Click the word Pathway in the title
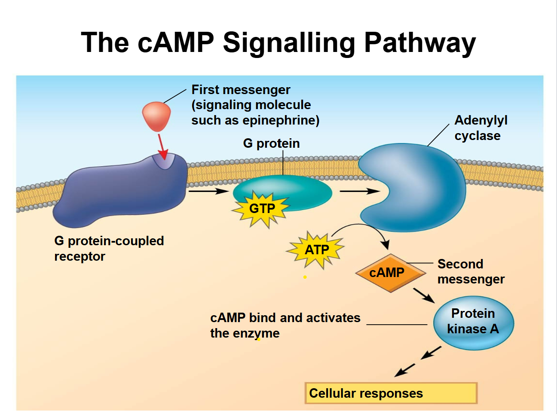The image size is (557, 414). coord(420,43)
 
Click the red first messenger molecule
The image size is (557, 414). coord(156,116)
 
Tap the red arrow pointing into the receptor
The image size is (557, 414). coord(162,146)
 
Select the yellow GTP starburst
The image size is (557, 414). coord(262,209)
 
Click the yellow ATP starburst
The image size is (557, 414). coord(317,250)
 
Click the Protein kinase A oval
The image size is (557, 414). coord(473,322)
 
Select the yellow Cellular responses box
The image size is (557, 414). coord(391,393)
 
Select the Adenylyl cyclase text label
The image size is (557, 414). coord(480,128)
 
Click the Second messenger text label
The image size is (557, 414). coord(470,271)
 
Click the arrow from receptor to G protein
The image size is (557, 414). coord(208,191)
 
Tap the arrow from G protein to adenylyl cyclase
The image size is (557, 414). coord(359,191)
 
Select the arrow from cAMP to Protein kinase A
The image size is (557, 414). coord(424,295)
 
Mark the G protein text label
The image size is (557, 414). coord(271,143)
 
